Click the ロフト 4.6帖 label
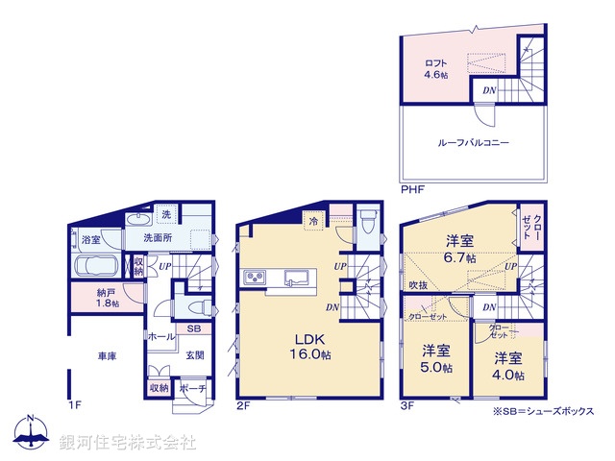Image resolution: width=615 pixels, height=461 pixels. pyautogui.click(x=437, y=69)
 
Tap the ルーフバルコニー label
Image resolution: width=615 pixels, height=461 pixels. pyautogui.click(x=473, y=142)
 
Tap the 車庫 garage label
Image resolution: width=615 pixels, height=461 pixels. pyautogui.click(x=106, y=357)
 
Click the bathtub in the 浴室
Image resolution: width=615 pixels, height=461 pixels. pyautogui.click(x=94, y=265)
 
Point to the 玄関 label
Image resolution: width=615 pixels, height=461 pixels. pyautogui.click(x=193, y=355)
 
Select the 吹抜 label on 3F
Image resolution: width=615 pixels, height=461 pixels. pyautogui.click(x=417, y=285)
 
